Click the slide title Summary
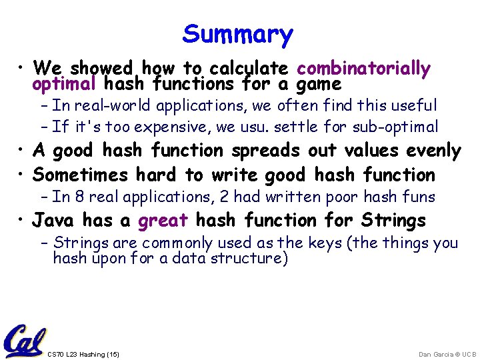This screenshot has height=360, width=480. (x=237, y=34)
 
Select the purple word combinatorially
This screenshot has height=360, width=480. (x=363, y=68)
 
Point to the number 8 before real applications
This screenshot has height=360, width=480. (x=80, y=197)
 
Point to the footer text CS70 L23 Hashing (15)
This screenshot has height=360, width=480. (x=83, y=354)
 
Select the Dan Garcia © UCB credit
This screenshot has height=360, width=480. (x=447, y=354)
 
